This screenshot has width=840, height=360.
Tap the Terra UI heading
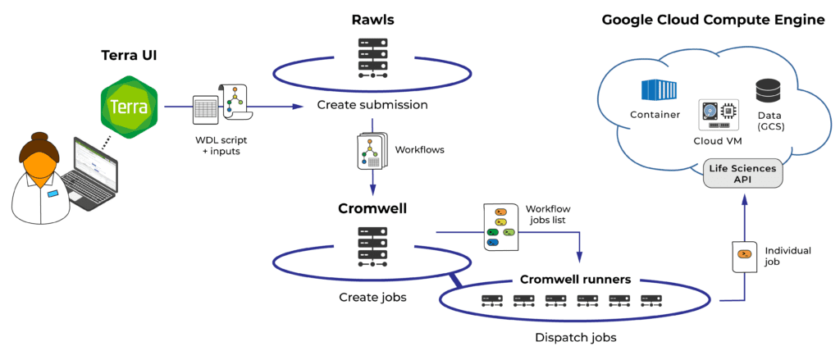129,55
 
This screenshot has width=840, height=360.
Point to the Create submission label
372,105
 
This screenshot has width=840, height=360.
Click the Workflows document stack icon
371,153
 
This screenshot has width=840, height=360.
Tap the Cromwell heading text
373,208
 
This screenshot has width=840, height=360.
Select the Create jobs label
372,297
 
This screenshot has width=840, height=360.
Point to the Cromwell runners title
575,279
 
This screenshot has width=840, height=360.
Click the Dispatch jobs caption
575,338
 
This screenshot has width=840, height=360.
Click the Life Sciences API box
742,174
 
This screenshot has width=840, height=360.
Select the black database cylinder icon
769,90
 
